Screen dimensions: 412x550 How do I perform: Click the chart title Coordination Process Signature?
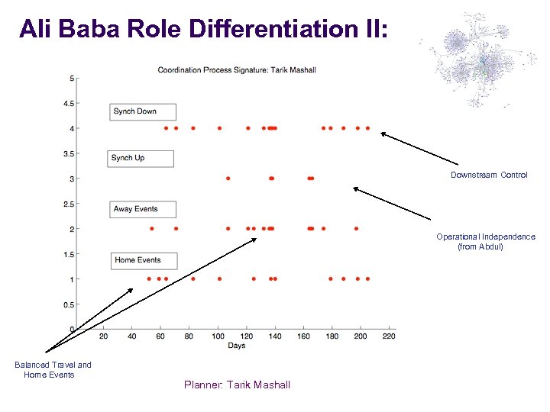tap(237, 70)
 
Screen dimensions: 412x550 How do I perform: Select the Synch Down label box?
tap(143, 111)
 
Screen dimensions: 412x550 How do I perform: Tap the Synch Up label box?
tap(141, 158)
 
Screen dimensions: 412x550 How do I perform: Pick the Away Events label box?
tap(143, 209)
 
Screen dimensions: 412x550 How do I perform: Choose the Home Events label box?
tap(144, 260)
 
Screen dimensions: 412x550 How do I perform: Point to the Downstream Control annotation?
tap(489, 175)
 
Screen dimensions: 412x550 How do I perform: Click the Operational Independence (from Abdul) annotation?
tap(486, 242)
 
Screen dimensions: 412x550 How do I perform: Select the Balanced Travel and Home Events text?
tap(53, 370)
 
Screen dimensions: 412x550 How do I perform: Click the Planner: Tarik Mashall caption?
tap(237, 385)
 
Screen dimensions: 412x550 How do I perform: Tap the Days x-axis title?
tap(237, 346)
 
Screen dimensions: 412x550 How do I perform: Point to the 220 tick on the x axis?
tap(389, 336)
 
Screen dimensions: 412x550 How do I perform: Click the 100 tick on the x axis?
tap(218, 336)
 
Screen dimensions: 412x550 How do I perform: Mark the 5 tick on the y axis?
tap(72, 78)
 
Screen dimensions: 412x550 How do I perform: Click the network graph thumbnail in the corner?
tap(473, 59)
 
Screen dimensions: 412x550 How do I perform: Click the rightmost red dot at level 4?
tap(367, 128)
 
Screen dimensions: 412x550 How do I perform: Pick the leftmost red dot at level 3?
tap(228, 179)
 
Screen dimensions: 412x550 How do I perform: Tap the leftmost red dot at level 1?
tap(149, 279)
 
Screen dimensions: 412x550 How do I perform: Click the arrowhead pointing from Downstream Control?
tap(383, 134)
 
